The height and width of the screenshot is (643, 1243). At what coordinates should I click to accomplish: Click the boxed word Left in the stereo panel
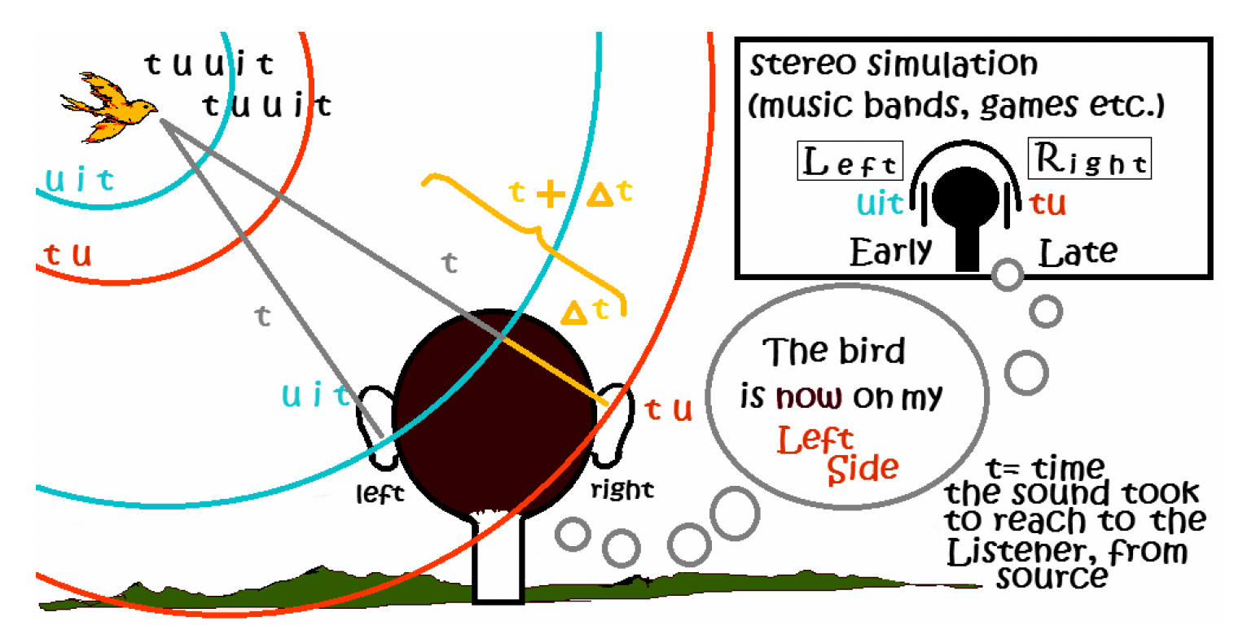click(x=850, y=161)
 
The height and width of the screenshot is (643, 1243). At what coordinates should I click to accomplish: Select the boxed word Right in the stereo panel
click(x=1090, y=160)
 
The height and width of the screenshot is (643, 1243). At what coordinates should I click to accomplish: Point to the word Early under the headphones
click(x=890, y=252)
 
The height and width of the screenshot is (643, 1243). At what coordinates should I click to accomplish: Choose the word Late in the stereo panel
click(x=1077, y=253)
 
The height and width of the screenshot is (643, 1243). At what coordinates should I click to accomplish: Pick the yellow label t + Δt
click(x=569, y=193)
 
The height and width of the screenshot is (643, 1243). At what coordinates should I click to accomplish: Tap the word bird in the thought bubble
click(x=871, y=352)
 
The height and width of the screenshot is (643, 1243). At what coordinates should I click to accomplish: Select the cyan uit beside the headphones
click(x=880, y=203)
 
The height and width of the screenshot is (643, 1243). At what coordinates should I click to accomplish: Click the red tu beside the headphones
click(x=1048, y=203)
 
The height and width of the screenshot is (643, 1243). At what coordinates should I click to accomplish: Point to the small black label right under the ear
click(x=622, y=489)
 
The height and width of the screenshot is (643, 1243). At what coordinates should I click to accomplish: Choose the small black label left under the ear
click(x=380, y=492)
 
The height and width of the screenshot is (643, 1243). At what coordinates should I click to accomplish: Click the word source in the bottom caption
click(x=1052, y=576)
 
